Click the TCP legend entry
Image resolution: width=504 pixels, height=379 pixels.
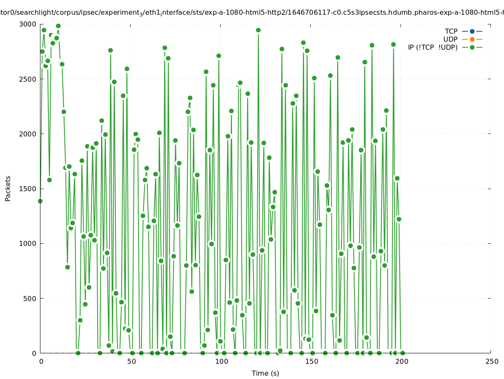pos(451,31)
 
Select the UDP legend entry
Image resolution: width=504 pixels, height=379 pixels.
pos(450,39)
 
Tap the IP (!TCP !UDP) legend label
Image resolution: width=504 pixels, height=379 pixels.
pos(432,47)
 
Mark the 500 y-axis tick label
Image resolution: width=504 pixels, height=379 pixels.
pos(31,299)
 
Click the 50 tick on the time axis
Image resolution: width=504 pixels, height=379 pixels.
pos(131,362)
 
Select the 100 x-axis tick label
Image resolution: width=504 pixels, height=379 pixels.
pos(221,362)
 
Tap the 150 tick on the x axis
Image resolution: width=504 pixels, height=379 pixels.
pos(311,362)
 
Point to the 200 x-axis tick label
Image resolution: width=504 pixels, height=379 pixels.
pos(401,362)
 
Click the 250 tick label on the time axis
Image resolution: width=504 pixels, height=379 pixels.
pos(491,362)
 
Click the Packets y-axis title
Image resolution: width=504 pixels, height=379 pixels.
pos(8,189)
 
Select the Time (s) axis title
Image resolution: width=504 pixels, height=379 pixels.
pos(265,374)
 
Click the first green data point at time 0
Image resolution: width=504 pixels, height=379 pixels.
pos(40,201)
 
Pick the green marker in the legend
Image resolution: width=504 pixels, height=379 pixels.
pos(472,47)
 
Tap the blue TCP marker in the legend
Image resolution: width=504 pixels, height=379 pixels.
pos(472,31)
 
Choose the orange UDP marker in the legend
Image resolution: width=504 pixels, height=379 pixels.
pos(472,39)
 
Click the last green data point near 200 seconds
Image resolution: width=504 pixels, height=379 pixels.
pos(403,353)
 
